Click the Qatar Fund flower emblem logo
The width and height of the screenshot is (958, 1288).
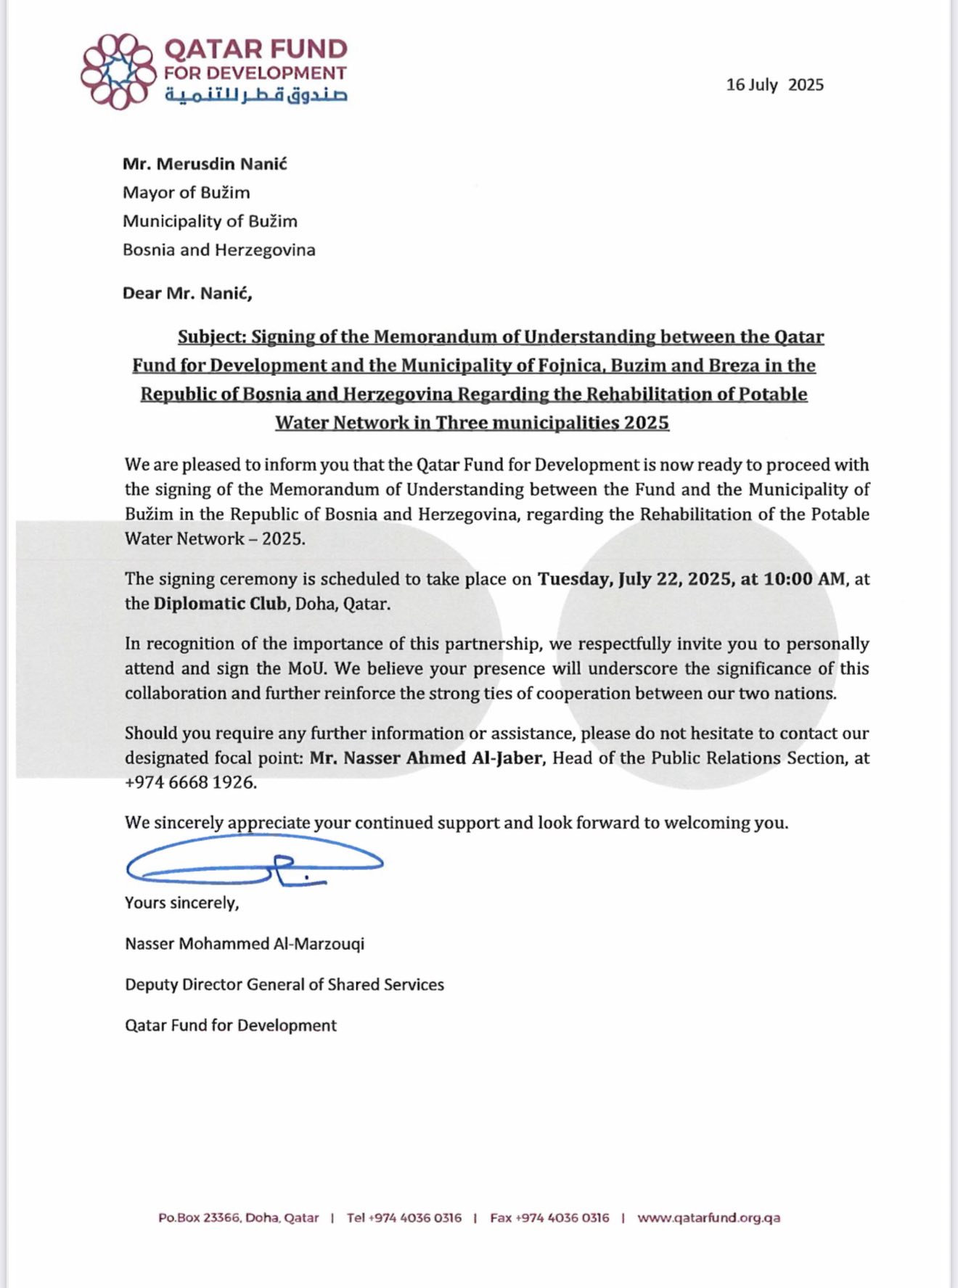coord(118,71)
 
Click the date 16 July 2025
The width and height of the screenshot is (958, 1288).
coord(774,85)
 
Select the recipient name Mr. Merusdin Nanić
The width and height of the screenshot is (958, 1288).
coord(205,164)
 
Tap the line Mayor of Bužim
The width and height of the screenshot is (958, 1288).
coord(186,192)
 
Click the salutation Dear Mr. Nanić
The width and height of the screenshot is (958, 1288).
coord(187,293)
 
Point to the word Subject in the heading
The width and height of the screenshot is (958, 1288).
coord(211,337)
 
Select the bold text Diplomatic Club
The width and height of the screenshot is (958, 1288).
coord(220,604)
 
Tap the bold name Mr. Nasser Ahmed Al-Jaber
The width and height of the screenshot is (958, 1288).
coord(426,758)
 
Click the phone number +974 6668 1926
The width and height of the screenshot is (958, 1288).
coord(190,783)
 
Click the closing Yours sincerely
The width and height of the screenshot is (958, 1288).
coord(181,903)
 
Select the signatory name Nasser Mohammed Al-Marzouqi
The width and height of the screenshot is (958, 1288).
coord(245,944)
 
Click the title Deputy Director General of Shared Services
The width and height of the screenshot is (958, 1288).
coord(284,985)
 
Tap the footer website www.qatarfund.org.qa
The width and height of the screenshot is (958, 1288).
coord(708,1218)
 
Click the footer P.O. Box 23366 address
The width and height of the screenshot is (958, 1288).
coord(238,1218)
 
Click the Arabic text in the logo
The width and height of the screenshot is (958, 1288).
coord(255,95)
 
